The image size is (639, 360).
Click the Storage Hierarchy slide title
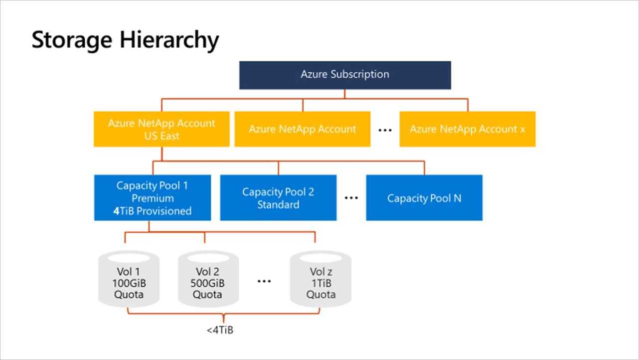pos(125,40)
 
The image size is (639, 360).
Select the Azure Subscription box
pos(345,75)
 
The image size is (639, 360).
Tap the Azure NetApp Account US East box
pos(161,129)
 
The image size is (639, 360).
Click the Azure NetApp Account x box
pos(467,129)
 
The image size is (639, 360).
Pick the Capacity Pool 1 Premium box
pos(152,198)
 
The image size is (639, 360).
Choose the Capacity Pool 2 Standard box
pos(278,198)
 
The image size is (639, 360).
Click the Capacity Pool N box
pos(424,198)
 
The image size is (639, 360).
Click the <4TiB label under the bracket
pos(220,330)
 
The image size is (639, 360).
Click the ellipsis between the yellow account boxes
pos(385,130)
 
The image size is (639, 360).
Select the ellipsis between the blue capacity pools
pos(351,198)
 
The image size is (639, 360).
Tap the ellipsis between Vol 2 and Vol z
pos(264,281)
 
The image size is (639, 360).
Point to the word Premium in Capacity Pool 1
pos(153,198)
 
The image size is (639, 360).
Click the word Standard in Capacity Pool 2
pos(278,204)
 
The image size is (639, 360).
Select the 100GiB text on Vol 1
pos(129,283)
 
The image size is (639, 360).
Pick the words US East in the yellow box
pos(161,136)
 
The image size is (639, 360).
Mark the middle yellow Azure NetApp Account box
pos(303,129)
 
